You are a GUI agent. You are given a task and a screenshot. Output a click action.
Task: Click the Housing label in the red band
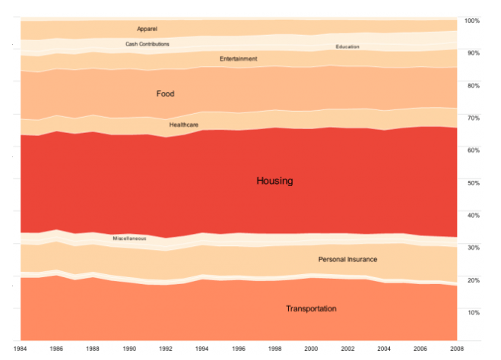click(x=274, y=182)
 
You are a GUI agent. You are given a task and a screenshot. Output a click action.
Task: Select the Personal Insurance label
click(x=347, y=260)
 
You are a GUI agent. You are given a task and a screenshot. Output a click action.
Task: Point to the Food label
click(x=165, y=94)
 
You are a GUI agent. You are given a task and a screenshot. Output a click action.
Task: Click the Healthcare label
click(x=184, y=125)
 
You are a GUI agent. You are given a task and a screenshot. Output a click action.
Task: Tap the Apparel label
click(x=147, y=29)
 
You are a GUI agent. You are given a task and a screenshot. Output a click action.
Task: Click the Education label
click(x=347, y=47)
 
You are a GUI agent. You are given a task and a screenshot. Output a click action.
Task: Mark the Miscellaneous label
click(x=129, y=238)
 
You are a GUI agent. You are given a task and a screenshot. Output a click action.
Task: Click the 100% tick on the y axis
click(x=472, y=21)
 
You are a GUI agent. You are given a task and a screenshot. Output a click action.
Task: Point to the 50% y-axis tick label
click(x=472, y=183)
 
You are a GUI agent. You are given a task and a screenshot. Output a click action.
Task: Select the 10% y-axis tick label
click(x=472, y=312)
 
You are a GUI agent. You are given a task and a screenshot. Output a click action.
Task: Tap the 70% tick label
click(x=472, y=118)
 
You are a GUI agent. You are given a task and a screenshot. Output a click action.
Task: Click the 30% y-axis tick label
click(x=472, y=248)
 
